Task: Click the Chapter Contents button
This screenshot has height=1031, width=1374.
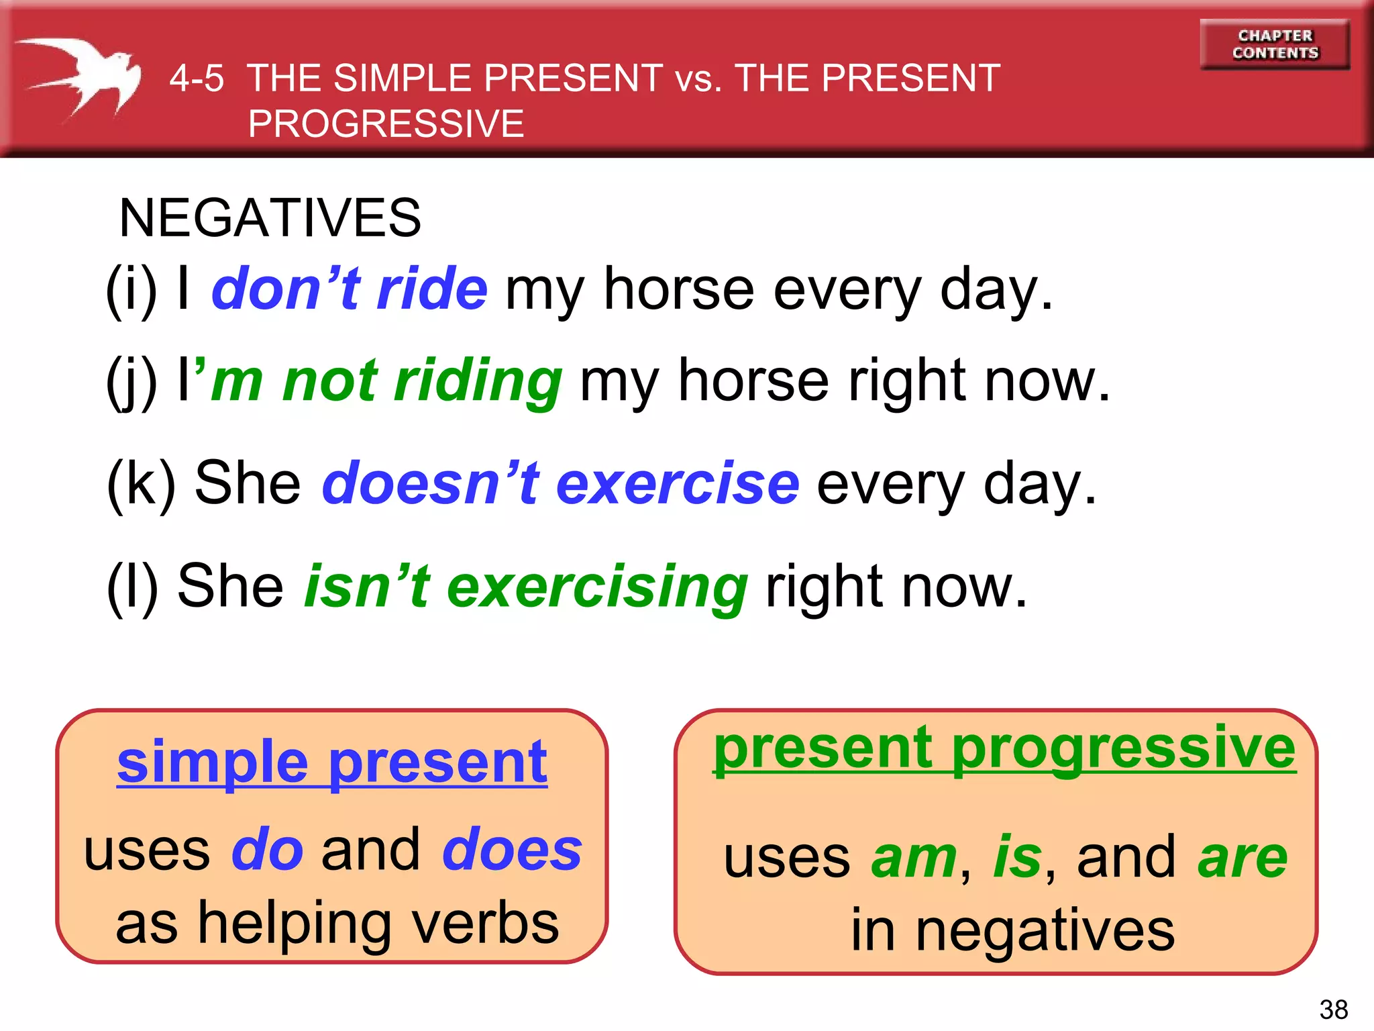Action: [x=1275, y=44]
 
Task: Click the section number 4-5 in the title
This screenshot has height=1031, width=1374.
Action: [x=197, y=79]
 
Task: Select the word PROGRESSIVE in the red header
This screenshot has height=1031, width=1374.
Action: [x=386, y=124]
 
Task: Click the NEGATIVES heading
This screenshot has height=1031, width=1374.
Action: [x=270, y=218]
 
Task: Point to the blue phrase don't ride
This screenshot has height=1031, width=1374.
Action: [x=350, y=289]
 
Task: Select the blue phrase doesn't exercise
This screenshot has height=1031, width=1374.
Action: [x=561, y=483]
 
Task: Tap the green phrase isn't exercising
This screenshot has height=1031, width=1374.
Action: [x=526, y=587]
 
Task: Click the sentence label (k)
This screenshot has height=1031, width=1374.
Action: [x=141, y=483]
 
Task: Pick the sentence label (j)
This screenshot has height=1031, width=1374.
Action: [x=131, y=381]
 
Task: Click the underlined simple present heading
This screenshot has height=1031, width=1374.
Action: [x=332, y=763]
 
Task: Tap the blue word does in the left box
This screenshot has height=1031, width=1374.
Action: [x=512, y=850]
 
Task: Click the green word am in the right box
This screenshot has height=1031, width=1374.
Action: [x=914, y=858]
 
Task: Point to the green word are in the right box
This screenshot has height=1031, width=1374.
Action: [x=1242, y=858]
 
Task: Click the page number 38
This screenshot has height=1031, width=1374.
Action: [x=1333, y=1010]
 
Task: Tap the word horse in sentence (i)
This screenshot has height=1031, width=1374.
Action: [x=679, y=289]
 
